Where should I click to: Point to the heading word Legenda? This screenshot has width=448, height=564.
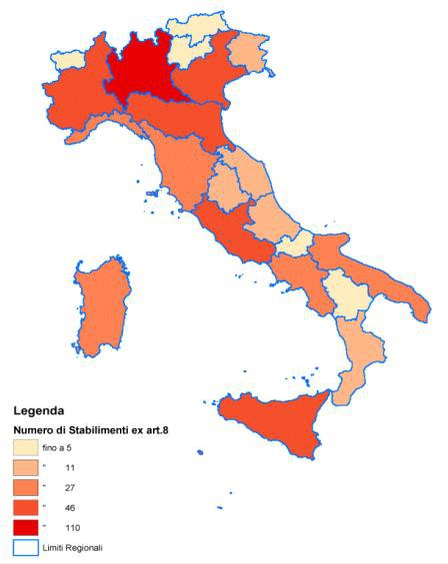tap(39, 410)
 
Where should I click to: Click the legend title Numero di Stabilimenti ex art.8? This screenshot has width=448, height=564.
tap(84, 430)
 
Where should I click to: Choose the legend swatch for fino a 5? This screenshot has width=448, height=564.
tap(26, 448)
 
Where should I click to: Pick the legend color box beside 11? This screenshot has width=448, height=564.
tap(26, 467)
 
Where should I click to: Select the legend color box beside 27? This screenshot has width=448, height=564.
tap(26, 487)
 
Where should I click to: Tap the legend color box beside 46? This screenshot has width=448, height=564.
tap(26, 507)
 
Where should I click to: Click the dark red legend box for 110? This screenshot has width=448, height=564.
tap(26, 527)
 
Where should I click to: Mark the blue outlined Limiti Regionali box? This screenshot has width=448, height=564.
tap(26, 547)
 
